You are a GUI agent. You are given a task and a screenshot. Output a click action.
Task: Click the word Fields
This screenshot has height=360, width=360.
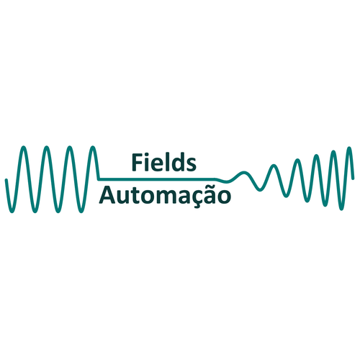[164, 162]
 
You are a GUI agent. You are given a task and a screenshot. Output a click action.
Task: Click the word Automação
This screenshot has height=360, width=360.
[165, 195]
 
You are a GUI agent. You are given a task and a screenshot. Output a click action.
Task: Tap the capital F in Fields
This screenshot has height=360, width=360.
[138, 163]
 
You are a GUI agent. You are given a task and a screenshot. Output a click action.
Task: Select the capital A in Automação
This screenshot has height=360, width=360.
[107, 195]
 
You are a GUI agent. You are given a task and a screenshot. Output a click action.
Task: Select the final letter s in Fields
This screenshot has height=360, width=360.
[192, 165]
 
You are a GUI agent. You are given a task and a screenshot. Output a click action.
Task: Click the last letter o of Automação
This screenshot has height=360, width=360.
[224, 197]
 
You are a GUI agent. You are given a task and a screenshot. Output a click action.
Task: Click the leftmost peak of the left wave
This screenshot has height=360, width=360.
[23, 147]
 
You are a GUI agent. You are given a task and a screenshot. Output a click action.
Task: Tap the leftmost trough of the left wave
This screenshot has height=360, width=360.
[12, 212]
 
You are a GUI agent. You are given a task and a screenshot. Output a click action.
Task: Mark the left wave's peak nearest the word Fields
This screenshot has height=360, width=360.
[93, 147]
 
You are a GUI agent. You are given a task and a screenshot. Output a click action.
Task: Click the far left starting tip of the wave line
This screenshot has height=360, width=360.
[6, 179]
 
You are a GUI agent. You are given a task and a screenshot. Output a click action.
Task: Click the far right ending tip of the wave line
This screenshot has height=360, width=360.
[353, 179]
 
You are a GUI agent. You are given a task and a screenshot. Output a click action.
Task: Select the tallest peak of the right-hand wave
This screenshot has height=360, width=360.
[349, 148]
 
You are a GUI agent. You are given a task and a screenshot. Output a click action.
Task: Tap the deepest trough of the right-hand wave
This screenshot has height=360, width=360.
[341, 210]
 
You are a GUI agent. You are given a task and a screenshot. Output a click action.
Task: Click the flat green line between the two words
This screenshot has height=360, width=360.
[157, 179]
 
